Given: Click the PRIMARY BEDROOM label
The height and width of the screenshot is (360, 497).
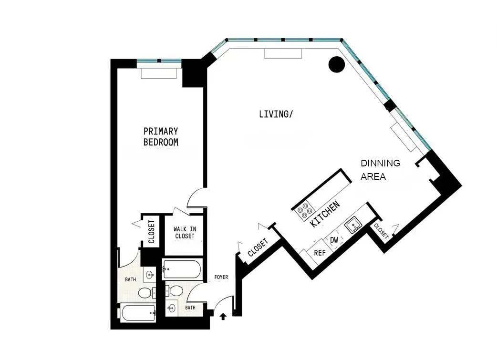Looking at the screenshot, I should (x=161, y=136).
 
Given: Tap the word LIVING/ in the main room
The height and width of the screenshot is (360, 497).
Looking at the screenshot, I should (x=276, y=114).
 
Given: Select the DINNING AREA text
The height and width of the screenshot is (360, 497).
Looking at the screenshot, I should (x=380, y=170).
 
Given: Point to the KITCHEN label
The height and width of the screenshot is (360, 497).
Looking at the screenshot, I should (x=325, y=214).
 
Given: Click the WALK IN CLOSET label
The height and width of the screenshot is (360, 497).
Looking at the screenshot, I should (x=185, y=233).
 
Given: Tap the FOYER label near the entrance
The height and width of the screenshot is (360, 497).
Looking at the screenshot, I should (x=221, y=277).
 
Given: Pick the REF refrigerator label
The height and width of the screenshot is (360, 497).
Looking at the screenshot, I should (x=319, y=253).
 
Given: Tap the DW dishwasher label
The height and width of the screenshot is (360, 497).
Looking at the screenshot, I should (x=334, y=240).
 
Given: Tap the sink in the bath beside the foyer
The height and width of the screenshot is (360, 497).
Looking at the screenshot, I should (x=172, y=309).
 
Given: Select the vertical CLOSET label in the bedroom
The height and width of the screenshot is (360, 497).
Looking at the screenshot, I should (x=151, y=232).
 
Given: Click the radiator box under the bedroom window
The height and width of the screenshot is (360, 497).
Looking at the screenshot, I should (x=159, y=74).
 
